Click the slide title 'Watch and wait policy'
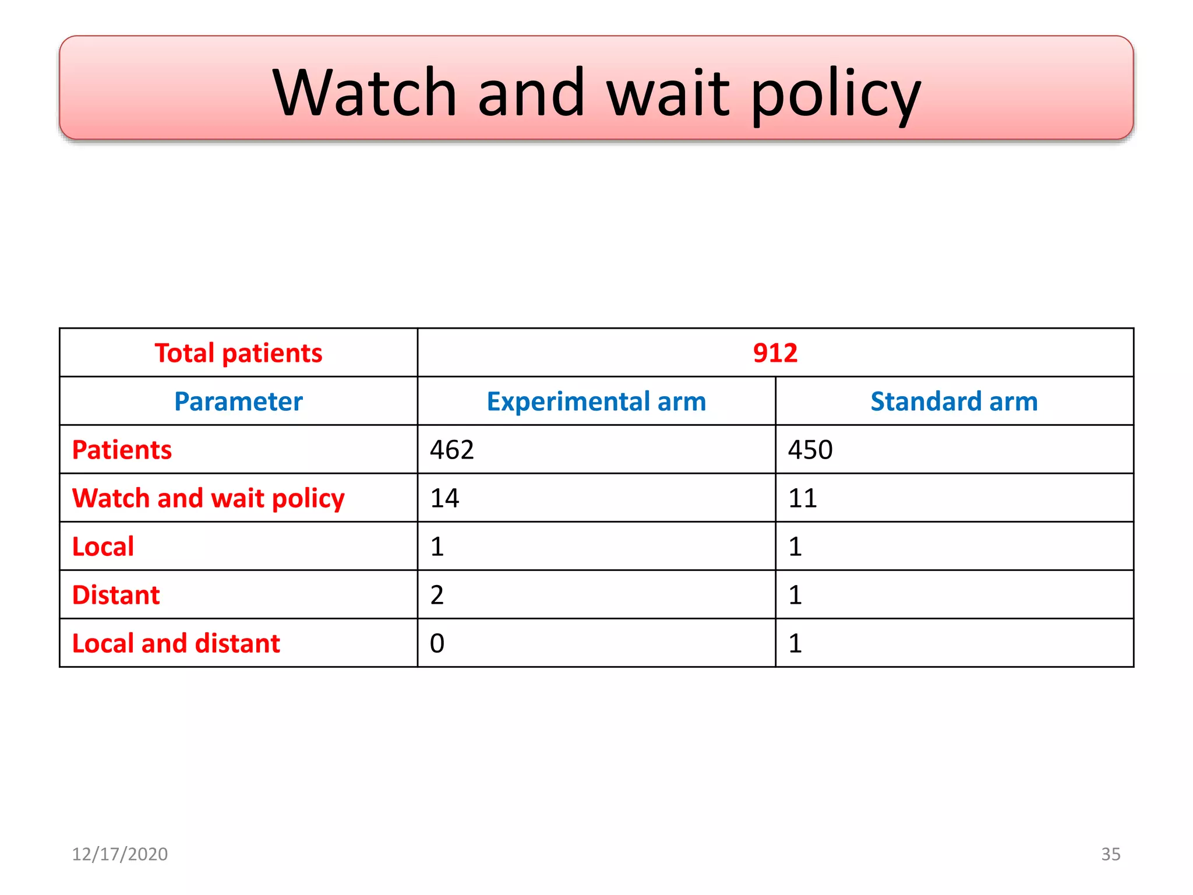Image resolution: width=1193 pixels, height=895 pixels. tap(596, 93)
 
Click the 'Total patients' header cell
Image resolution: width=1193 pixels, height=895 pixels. tap(238, 353)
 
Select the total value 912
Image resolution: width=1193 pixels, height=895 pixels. tap(775, 353)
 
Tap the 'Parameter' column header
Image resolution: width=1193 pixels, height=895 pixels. tap(238, 401)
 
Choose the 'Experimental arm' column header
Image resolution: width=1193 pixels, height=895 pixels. tap(596, 401)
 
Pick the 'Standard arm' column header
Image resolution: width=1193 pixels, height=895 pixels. tap(954, 401)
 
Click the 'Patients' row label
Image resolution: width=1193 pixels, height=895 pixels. tap(122, 450)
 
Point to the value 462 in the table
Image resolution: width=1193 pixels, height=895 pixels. tap(452, 450)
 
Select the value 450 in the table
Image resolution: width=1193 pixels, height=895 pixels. tap(810, 450)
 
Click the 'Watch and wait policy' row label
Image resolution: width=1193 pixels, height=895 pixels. tap(208, 499)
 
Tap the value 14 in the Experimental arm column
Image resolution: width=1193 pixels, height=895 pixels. tap(444, 499)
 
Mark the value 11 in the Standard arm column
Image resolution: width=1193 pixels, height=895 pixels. tap(803, 499)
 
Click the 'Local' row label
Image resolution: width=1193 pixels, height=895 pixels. tap(103, 547)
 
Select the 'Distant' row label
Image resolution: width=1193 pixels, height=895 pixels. tap(116, 595)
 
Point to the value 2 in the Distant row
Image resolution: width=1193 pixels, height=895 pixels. tap(437, 595)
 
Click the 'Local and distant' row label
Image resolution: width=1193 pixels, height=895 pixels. tap(176, 643)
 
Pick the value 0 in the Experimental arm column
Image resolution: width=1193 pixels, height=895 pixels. tap(437, 643)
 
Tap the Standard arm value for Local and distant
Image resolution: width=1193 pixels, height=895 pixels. tap(795, 643)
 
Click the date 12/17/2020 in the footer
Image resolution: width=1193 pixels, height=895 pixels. tap(119, 854)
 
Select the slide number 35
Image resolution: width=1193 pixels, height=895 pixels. tap(1110, 854)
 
